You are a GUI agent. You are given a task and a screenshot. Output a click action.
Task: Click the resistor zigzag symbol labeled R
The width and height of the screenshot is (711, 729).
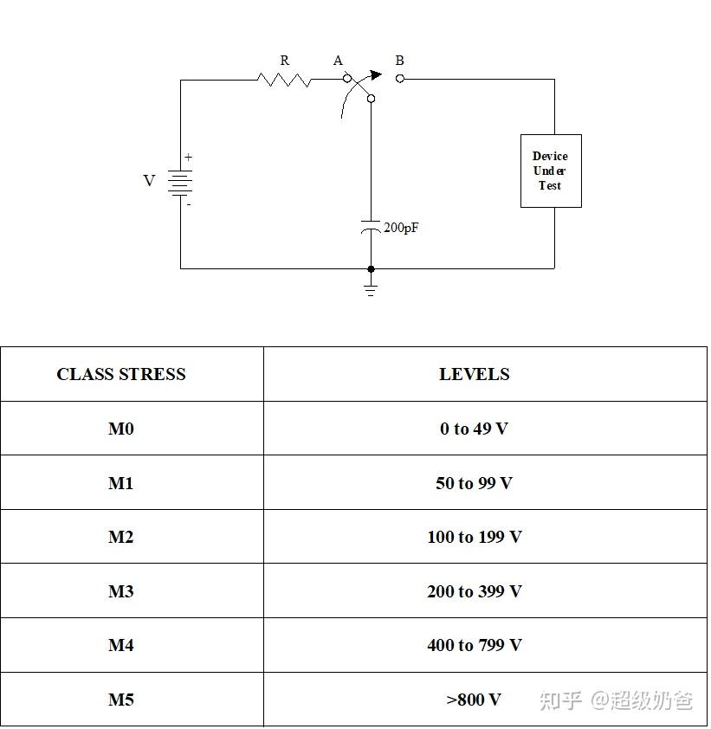coord(284,80)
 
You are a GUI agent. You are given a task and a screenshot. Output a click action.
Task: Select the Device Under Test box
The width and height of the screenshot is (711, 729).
coord(550,171)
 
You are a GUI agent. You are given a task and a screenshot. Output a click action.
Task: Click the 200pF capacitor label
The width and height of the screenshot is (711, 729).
coord(401,228)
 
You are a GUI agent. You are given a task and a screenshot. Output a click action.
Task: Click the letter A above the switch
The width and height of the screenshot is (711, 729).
coord(338,61)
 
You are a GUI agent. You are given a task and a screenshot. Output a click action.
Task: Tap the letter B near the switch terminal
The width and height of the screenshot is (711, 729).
coord(399,61)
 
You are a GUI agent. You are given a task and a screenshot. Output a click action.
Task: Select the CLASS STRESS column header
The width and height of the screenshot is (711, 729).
coord(121,374)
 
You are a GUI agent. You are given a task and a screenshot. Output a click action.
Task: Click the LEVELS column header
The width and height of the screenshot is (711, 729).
coord(474,374)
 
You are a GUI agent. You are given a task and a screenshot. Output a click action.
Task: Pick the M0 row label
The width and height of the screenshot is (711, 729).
coord(121,429)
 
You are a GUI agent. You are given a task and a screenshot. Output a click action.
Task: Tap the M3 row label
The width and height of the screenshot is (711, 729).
coord(121,591)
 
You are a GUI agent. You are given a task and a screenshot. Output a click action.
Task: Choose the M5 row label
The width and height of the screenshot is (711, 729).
coord(121,700)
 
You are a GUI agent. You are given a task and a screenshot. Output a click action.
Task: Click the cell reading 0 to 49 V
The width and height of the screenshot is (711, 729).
coord(474,429)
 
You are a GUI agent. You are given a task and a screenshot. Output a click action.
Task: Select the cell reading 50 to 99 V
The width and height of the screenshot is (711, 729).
coord(474,483)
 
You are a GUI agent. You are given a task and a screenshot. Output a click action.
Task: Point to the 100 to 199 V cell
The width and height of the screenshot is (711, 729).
coord(474,537)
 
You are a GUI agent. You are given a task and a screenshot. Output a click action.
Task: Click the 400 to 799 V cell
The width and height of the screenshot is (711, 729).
coord(474,645)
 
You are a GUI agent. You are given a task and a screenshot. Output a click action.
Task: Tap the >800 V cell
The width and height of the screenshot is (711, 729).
coord(474,700)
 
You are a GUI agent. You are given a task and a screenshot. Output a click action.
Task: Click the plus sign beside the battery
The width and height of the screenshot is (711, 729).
coord(188,158)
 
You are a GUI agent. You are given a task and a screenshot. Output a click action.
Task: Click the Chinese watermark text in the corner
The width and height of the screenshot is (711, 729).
coord(616,700)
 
